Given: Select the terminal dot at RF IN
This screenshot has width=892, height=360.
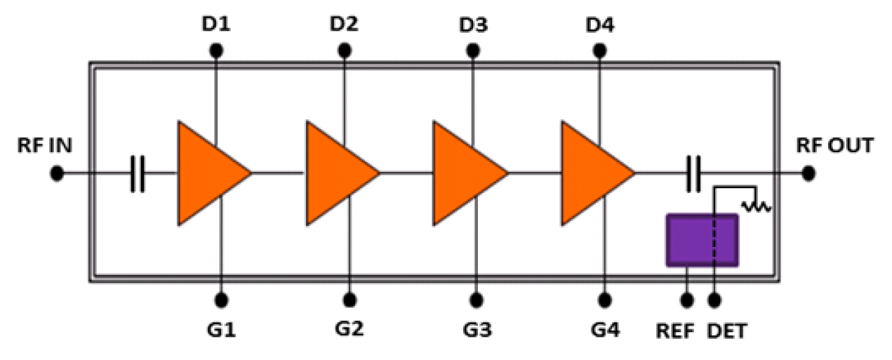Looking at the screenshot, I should click(58, 173).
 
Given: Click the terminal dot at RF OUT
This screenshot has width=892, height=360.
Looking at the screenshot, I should click(807, 173).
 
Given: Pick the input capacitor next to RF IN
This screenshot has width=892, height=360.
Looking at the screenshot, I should click(138, 173).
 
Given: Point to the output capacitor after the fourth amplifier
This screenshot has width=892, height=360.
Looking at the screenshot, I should click(693, 173).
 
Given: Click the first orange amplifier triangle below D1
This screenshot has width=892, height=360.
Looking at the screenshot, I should click(210, 173).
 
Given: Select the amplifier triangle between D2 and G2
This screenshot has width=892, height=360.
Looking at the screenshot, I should click(338, 173).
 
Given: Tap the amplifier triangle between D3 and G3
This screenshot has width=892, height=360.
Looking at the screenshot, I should click(466, 173).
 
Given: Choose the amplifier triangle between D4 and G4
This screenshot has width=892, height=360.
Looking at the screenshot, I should click(594, 173).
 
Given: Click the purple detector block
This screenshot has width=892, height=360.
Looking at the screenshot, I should click(702, 240).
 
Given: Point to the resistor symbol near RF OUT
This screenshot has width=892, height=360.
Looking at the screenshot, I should click(756, 206).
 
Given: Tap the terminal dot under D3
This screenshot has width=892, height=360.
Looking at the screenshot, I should click(472, 51).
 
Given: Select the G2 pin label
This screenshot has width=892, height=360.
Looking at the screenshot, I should click(349, 329).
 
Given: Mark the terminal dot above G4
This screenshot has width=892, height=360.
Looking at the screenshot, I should click(604, 300).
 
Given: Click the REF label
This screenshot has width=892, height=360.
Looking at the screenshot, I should click(675, 331).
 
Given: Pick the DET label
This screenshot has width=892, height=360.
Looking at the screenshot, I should click(727, 331).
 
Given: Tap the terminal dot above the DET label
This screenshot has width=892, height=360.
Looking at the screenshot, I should click(714, 300).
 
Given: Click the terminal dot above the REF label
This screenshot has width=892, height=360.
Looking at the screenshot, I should click(687, 300).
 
